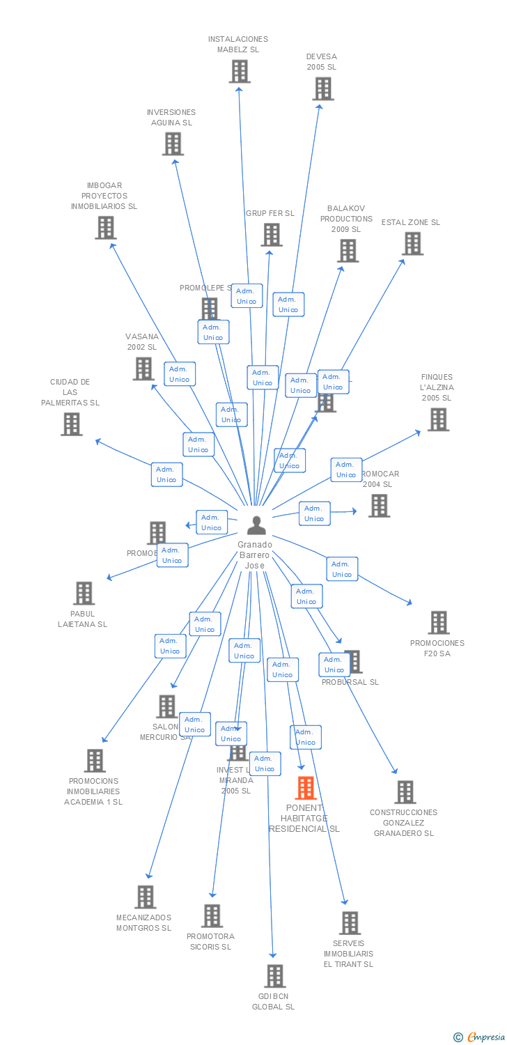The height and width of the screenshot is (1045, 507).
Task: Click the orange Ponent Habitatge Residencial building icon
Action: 306,788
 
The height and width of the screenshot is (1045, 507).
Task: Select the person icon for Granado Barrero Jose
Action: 256,525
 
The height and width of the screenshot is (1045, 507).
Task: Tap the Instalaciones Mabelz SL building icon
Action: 239,71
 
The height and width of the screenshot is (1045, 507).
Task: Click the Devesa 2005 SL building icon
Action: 322,88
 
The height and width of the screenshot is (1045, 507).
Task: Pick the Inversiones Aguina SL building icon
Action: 173,144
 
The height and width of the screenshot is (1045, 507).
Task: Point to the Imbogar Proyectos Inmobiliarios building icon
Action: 105,227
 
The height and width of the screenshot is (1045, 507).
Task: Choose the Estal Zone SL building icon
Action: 412,244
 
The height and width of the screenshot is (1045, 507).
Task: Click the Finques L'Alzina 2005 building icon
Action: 437,419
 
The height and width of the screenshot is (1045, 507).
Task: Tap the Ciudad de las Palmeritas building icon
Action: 71,424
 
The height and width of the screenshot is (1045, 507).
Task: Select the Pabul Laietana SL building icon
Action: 84,593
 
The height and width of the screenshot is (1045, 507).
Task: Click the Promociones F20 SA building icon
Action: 438,622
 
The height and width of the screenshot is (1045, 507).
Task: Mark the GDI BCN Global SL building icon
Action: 274,975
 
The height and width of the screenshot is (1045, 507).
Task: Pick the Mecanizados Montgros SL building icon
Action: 145,897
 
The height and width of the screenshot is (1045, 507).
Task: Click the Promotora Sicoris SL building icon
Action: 212,915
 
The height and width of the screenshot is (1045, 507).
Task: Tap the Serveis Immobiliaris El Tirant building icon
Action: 350,922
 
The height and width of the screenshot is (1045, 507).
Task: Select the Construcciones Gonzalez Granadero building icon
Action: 405,791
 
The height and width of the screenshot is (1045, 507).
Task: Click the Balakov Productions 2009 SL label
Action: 346,219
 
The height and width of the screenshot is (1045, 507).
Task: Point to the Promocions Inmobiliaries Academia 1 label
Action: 94,791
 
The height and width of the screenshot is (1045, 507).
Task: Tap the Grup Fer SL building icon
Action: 271,235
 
